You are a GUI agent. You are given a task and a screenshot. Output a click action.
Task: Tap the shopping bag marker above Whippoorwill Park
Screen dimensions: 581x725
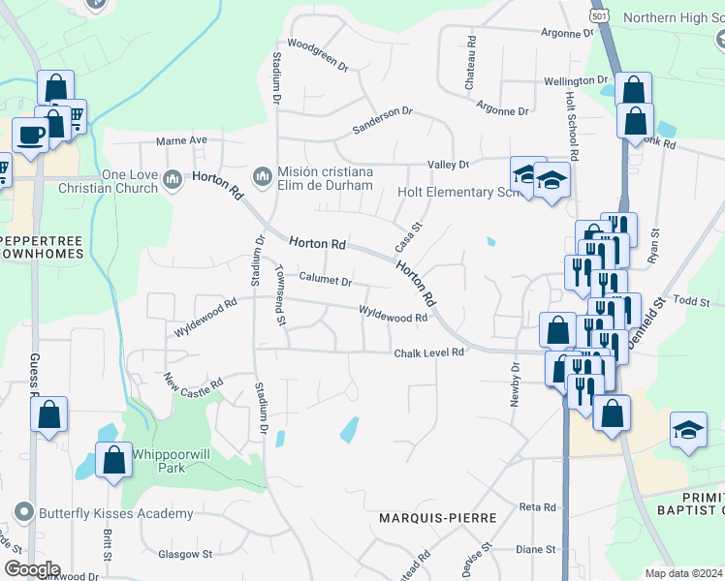point(113,458)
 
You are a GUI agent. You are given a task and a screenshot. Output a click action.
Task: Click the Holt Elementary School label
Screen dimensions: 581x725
point(459,192)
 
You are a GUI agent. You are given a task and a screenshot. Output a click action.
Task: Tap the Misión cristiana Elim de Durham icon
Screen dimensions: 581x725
point(262,177)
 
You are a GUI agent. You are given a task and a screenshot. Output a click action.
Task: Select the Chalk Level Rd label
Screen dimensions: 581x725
point(429,353)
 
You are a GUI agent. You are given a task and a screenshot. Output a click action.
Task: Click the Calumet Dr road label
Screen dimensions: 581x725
point(325,281)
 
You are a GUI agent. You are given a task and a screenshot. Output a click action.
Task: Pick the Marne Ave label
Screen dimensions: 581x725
point(183,140)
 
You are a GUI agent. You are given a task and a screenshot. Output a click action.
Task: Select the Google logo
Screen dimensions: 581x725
point(32,569)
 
